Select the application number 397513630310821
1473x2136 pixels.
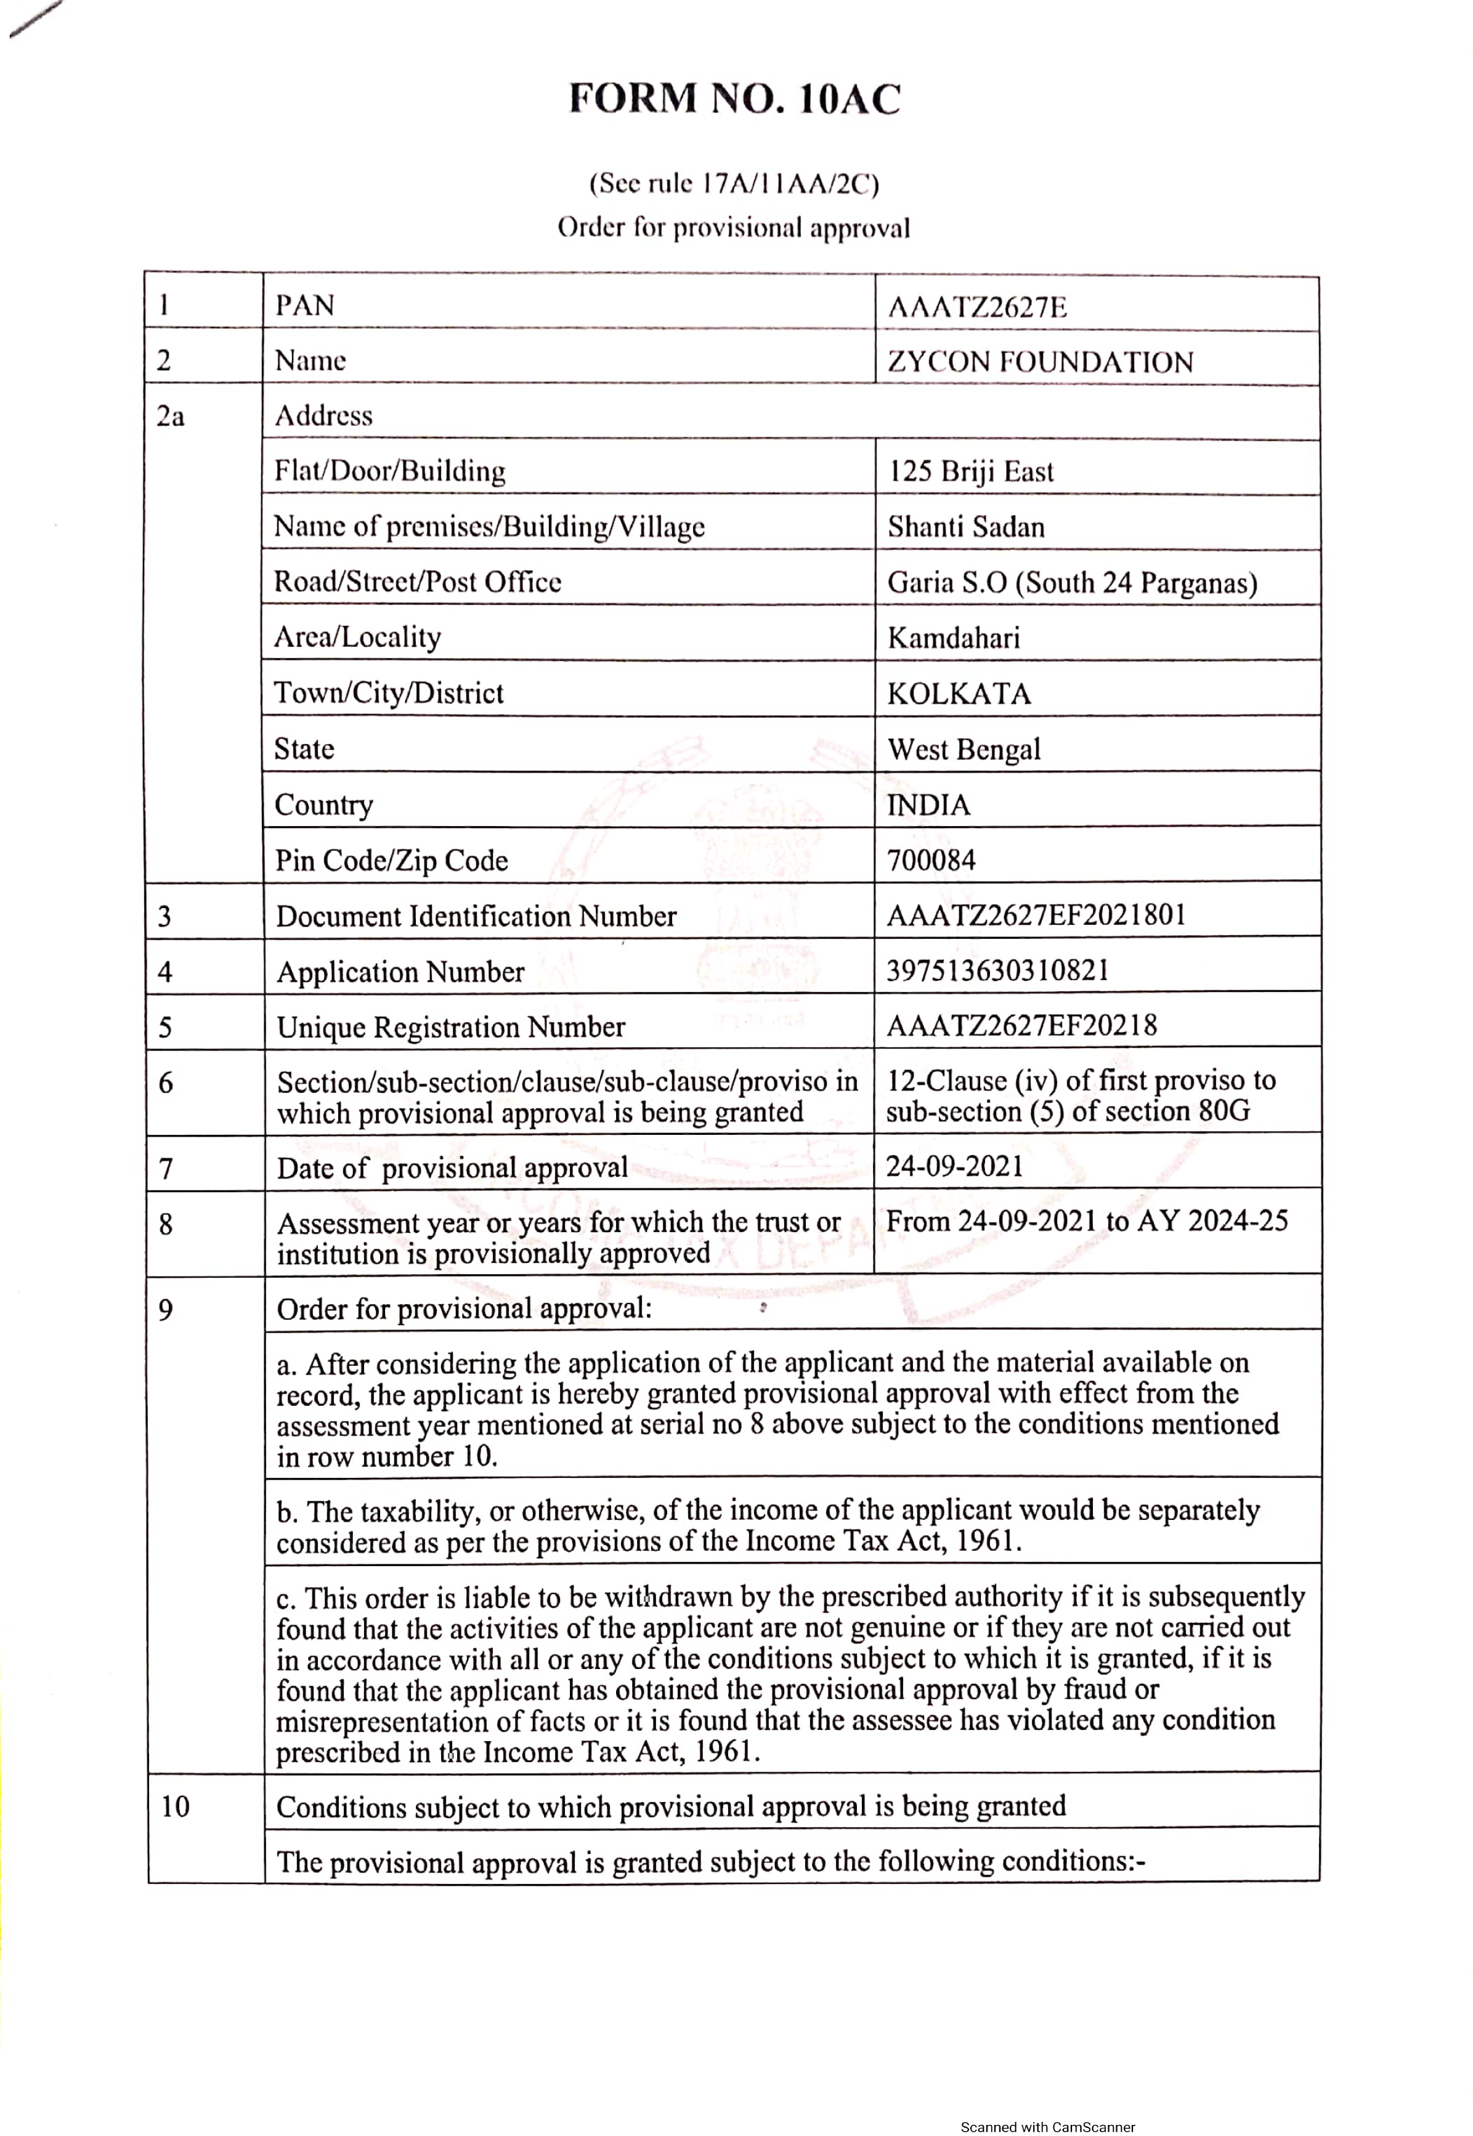[997, 970]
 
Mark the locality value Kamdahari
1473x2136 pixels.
[954, 638]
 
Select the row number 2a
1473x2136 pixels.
[170, 416]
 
